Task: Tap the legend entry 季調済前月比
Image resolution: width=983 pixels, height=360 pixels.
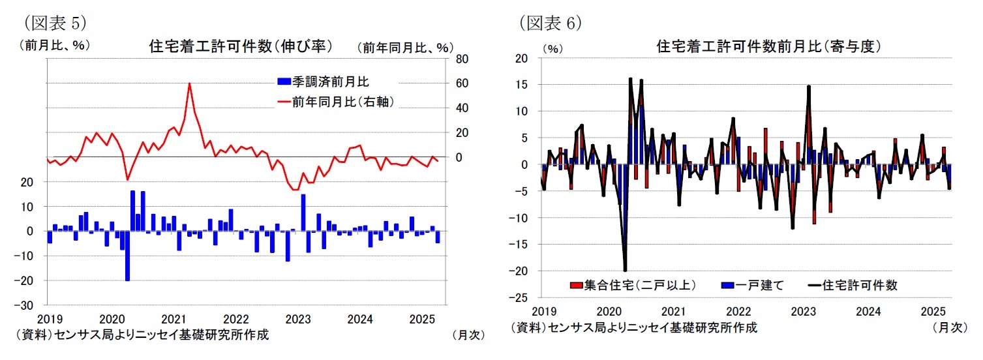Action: (322, 82)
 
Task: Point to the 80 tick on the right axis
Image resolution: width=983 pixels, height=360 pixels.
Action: (459, 59)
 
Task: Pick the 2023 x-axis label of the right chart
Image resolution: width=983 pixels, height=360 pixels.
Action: (802, 312)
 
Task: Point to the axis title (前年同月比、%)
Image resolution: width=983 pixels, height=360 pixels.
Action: (404, 47)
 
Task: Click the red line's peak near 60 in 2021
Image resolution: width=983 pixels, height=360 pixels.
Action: (189, 83)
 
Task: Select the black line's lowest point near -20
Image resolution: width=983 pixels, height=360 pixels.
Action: (625, 270)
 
